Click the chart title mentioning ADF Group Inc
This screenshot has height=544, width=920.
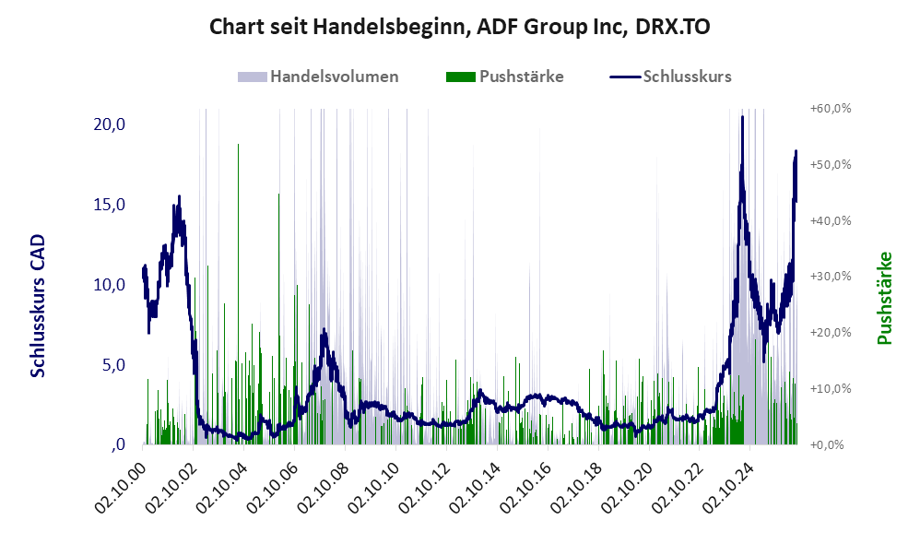click(x=459, y=27)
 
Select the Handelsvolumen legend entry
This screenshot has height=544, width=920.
click(x=318, y=77)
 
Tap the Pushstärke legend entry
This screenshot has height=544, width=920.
click(x=504, y=77)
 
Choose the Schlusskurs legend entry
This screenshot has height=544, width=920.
click(x=670, y=77)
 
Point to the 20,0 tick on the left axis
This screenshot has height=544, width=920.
click(x=110, y=124)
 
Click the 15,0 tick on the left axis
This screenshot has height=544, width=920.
click(x=110, y=205)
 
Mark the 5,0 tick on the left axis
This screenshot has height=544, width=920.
click(x=113, y=365)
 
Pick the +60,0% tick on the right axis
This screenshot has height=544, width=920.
click(x=831, y=109)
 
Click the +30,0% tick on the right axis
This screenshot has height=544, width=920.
click(x=831, y=277)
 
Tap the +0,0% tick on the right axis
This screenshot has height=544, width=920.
click(x=827, y=444)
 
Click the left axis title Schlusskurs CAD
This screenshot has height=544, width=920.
click(x=38, y=306)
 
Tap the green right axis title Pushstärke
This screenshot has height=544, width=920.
click(x=885, y=298)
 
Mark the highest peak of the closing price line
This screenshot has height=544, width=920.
click(x=742, y=117)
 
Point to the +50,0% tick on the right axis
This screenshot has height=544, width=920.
click(x=831, y=164)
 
